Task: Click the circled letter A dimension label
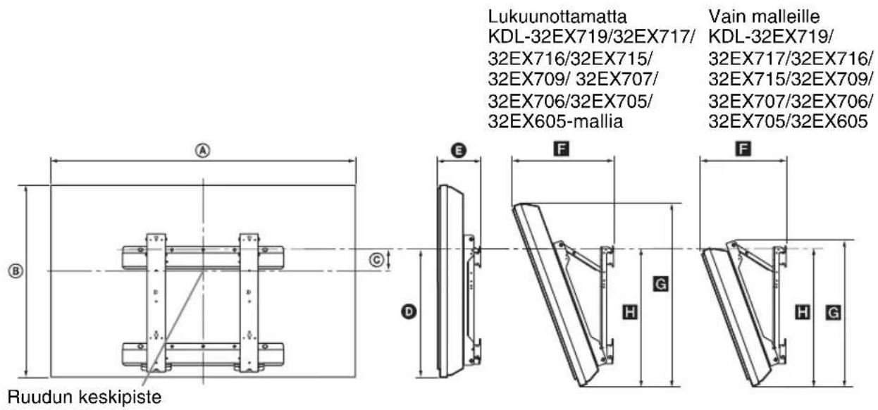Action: pyautogui.click(x=203, y=150)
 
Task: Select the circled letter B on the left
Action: pyautogui.click(x=13, y=270)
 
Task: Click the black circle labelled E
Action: pyautogui.click(x=459, y=150)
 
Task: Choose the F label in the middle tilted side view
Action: pyautogui.click(x=563, y=149)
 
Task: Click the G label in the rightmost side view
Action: pyautogui.click(x=832, y=311)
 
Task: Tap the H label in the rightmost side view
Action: pyautogui.click(x=801, y=311)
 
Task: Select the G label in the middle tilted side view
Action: pyautogui.click(x=660, y=284)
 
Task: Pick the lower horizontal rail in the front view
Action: pyautogui.click(x=203, y=350)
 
